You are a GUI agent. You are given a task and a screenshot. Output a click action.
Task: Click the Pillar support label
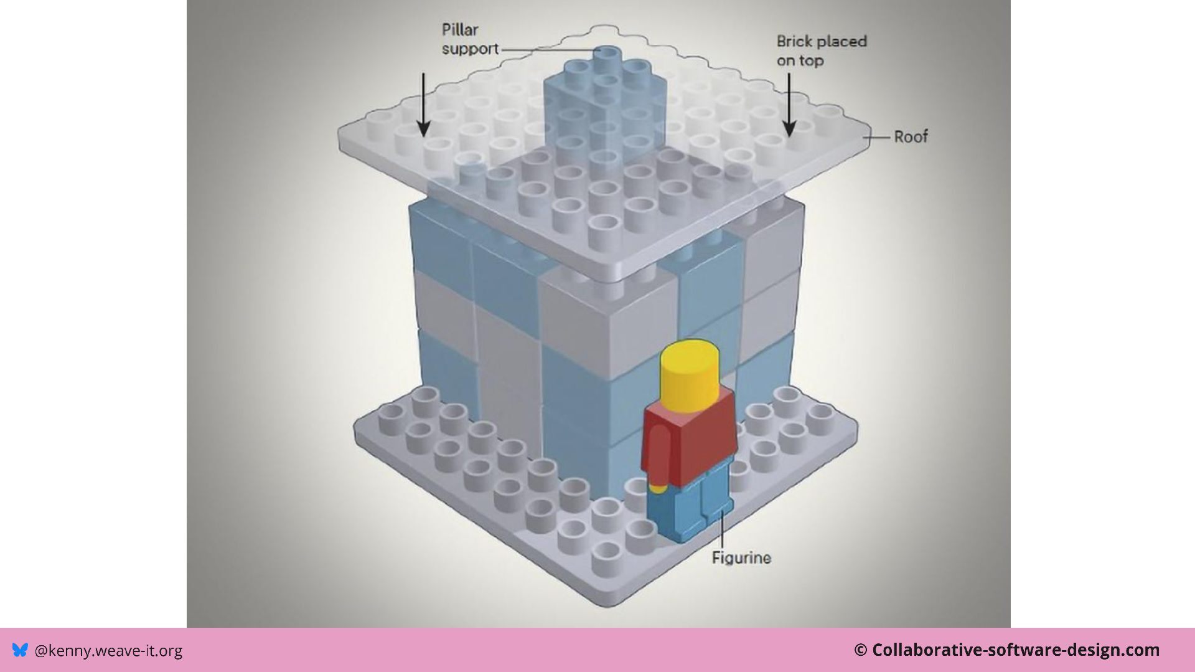coord(470,39)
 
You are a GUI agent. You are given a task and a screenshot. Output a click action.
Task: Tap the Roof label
coord(911,136)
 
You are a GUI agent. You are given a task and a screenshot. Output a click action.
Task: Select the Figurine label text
coord(741,557)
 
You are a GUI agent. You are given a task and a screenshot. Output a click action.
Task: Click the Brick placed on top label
coord(821,50)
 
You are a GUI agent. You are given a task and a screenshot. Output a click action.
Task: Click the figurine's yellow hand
coord(657,488)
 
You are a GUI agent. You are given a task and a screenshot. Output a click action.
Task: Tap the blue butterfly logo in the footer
coord(20,650)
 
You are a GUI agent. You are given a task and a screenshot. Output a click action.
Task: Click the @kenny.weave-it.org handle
coord(108,650)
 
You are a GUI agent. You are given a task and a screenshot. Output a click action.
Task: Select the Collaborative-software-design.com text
coord(1015,650)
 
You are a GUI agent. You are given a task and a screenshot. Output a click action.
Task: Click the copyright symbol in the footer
coord(860,650)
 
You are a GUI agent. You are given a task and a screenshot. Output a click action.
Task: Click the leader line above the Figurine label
coord(722,529)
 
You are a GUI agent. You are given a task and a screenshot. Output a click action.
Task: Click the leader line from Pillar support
coord(548,50)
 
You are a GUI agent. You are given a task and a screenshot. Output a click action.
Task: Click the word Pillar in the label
coord(460,30)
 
